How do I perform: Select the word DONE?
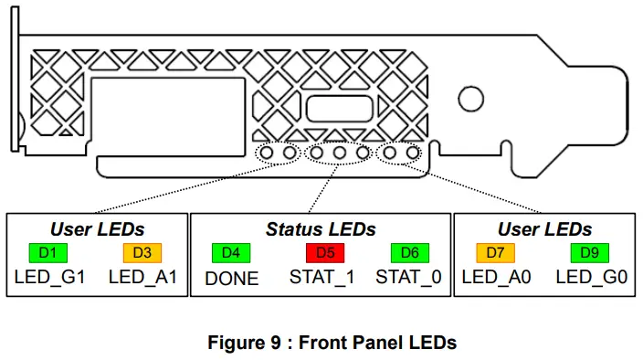click(232, 278)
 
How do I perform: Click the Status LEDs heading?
click(320, 228)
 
